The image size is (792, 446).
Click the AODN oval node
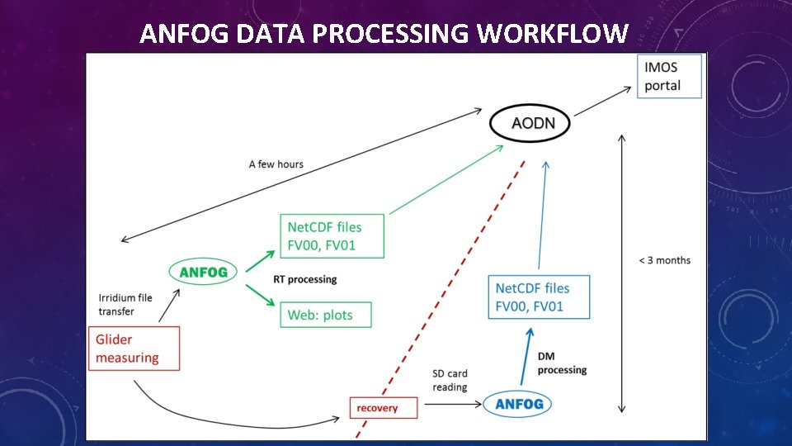tap(529, 125)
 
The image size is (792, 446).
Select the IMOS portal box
tap(669, 76)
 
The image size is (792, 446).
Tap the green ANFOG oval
tap(203, 271)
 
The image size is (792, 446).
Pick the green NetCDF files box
tap(332, 235)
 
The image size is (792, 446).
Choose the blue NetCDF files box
tap(539, 297)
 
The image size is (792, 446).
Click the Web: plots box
tap(326, 315)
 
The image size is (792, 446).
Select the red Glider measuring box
tap(134, 349)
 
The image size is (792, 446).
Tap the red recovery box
tap(377, 408)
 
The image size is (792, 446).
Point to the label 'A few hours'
tap(276, 164)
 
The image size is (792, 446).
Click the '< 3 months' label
tap(664, 260)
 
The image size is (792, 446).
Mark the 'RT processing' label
tap(305, 279)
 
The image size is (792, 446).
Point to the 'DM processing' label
tap(562, 363)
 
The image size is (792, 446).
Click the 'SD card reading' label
tap(450, 381)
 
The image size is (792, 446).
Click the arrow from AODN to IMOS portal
tap(601, 102)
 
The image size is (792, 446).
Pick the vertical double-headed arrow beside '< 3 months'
tap(621, 273)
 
